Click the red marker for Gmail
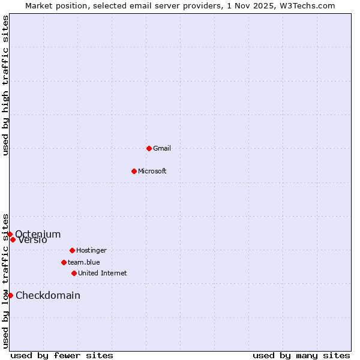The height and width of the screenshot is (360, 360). tap(149, 148)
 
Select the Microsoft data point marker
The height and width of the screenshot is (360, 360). tap(134, 171)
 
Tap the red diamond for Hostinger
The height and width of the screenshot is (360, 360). tap(72, 250)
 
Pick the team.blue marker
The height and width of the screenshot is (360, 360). tap(64, 262)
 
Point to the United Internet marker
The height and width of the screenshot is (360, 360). tap(74, 273)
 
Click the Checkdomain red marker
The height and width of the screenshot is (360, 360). tap(10, 295)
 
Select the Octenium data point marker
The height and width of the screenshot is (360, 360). tap(10, 234)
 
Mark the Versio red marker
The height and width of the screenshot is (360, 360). tap(13, 239)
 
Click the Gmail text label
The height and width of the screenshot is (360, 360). tap(162, 148)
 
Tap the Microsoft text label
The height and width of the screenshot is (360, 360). tap(152, 171)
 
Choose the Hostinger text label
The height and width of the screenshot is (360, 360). tap(91, 250)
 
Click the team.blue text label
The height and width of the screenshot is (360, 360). tap(84, 262)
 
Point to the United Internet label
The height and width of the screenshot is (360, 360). tap(103, 273)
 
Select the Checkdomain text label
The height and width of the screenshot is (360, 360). tap(48, 295)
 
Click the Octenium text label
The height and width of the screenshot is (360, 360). tap(38, 234)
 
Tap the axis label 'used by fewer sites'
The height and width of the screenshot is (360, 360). tap(62, 355)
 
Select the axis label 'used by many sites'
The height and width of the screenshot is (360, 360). tap(301, 355)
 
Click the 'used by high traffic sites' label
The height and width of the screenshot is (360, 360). tap(5, 85)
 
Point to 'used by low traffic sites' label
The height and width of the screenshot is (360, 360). tap(5, 280)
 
